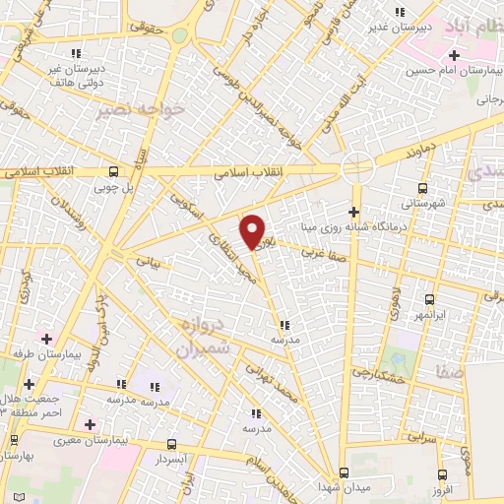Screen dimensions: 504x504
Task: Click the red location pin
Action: (254, 230)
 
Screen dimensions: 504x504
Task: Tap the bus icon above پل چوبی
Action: (115, 170)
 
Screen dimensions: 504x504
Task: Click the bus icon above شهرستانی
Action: (423, 188)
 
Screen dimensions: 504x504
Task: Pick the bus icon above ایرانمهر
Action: (429, 298)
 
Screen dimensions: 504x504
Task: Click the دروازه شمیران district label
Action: (206, 336)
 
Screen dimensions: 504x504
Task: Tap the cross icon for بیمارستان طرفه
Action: (45, 339)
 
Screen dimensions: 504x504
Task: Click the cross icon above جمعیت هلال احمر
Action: (29, 383)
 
